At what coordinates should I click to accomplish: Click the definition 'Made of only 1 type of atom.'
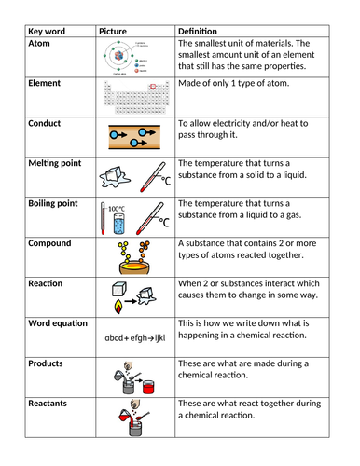tap(237, 84)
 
